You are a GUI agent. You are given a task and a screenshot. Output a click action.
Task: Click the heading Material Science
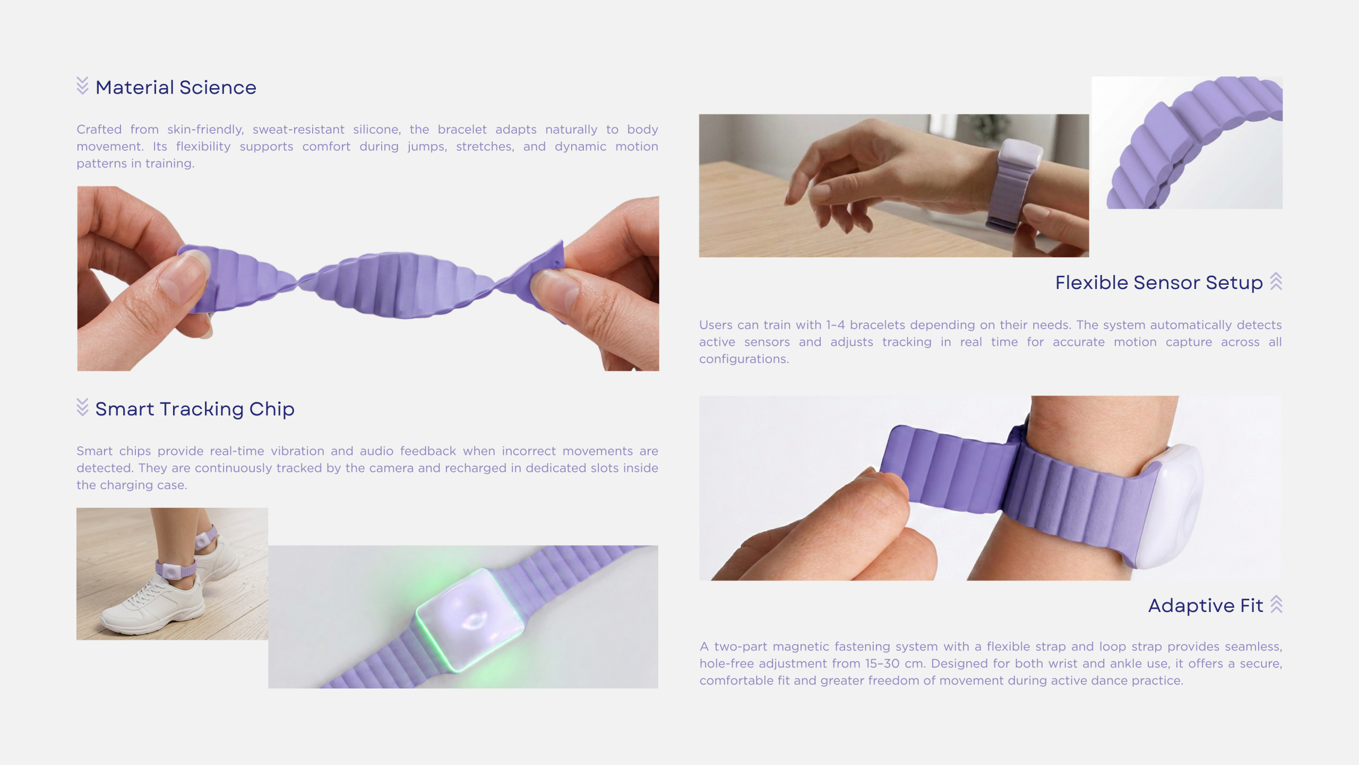coord(176,87)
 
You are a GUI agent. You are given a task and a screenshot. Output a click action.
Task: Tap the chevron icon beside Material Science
coord(82,86)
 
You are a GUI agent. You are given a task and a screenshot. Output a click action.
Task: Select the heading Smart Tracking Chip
coord(195,409)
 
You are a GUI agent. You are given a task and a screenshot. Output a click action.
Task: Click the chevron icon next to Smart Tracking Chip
coord(82,407)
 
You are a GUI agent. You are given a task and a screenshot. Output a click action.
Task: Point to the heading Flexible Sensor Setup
coord(1159,283)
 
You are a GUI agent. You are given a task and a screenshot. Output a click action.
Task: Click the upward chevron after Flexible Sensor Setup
coord(1276,282)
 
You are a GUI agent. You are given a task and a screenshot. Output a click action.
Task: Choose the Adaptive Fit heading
coord(1206,605)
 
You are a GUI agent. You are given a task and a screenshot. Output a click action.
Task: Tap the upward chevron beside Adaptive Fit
coord(1276,604)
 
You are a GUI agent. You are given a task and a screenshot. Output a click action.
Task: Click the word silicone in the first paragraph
coord(377,130)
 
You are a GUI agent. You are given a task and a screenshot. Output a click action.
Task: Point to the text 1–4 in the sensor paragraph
coord(835,325)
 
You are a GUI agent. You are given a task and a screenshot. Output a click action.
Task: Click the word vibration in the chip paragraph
coord(297,451)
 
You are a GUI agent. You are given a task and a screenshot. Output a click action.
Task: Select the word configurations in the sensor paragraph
coord(744,359)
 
